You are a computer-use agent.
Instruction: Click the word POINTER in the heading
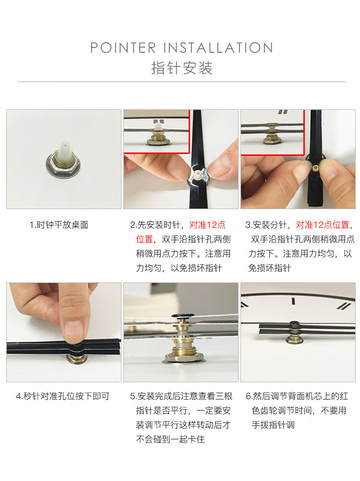123,48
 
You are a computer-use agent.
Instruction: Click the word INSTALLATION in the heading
218,48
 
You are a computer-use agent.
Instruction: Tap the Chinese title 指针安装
182,68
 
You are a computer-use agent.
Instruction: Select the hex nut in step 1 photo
63,165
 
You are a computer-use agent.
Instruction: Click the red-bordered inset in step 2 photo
156,131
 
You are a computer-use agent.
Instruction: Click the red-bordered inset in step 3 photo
273,132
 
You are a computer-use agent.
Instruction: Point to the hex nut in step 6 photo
295,339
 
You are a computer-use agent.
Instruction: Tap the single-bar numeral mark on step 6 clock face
293,301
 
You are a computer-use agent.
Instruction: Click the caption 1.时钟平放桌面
59,225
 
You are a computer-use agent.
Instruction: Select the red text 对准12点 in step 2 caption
207,225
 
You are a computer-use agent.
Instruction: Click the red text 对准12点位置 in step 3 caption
323,225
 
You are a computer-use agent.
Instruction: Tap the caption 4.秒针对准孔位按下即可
63,396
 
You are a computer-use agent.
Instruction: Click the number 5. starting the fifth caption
133,396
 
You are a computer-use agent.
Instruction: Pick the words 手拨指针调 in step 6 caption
273,425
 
